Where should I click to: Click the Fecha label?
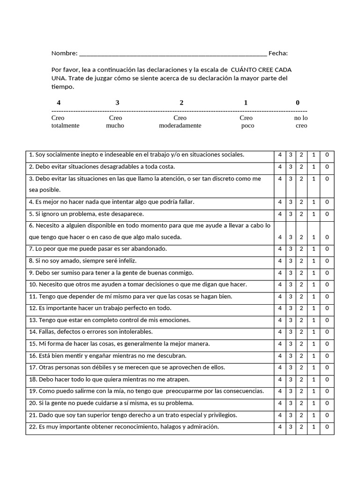tap(278, 53)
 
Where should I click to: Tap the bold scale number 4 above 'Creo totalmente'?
tap(59, 103)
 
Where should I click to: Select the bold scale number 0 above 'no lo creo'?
tap(298, 103)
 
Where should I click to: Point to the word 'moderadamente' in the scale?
tap(180, 126)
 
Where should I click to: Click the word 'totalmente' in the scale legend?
tap(65, 126)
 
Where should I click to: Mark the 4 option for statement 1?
tap(280, 155)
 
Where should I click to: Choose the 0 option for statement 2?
tap(327, 167)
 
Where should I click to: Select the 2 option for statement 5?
tap(302, 214)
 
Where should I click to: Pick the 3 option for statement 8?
tap(291, 261)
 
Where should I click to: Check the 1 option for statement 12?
tap(314, 308)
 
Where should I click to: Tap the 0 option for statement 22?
tap(327, 427)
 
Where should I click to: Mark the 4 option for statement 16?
tap(280, 356)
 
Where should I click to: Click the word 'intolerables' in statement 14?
tap(136, 332)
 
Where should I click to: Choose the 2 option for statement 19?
tap(302, 391)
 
